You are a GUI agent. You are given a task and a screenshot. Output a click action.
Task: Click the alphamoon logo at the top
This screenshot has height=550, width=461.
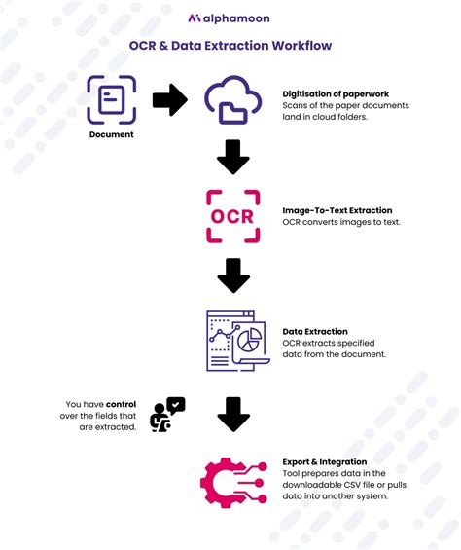tap(230, 18)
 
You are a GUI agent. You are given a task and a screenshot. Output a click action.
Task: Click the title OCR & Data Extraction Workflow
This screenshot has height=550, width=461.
tap(230, 45)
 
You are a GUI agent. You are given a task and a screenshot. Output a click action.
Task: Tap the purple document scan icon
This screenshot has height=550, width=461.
tap(111, 99)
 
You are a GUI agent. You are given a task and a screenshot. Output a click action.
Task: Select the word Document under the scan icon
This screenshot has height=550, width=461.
tap(111, 135)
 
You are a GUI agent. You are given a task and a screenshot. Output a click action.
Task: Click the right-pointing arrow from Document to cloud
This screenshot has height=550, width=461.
tap(169, 99)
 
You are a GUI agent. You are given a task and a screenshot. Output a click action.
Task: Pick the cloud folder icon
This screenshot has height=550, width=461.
tap(232, 101)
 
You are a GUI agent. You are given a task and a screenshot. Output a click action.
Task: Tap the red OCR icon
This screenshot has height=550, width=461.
tap(233, 216)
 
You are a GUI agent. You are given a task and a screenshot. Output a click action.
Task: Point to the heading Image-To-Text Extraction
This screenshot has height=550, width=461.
tap(337, 210)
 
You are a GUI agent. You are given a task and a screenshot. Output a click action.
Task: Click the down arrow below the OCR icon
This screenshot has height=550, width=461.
tap(233, 275)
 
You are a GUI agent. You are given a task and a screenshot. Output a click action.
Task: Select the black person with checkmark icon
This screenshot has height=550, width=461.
tap(166, 414)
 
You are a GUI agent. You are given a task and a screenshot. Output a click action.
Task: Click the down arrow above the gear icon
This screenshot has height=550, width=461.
tap(233, 414)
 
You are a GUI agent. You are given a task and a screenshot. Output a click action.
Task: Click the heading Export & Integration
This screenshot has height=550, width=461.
tap(325, 461)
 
